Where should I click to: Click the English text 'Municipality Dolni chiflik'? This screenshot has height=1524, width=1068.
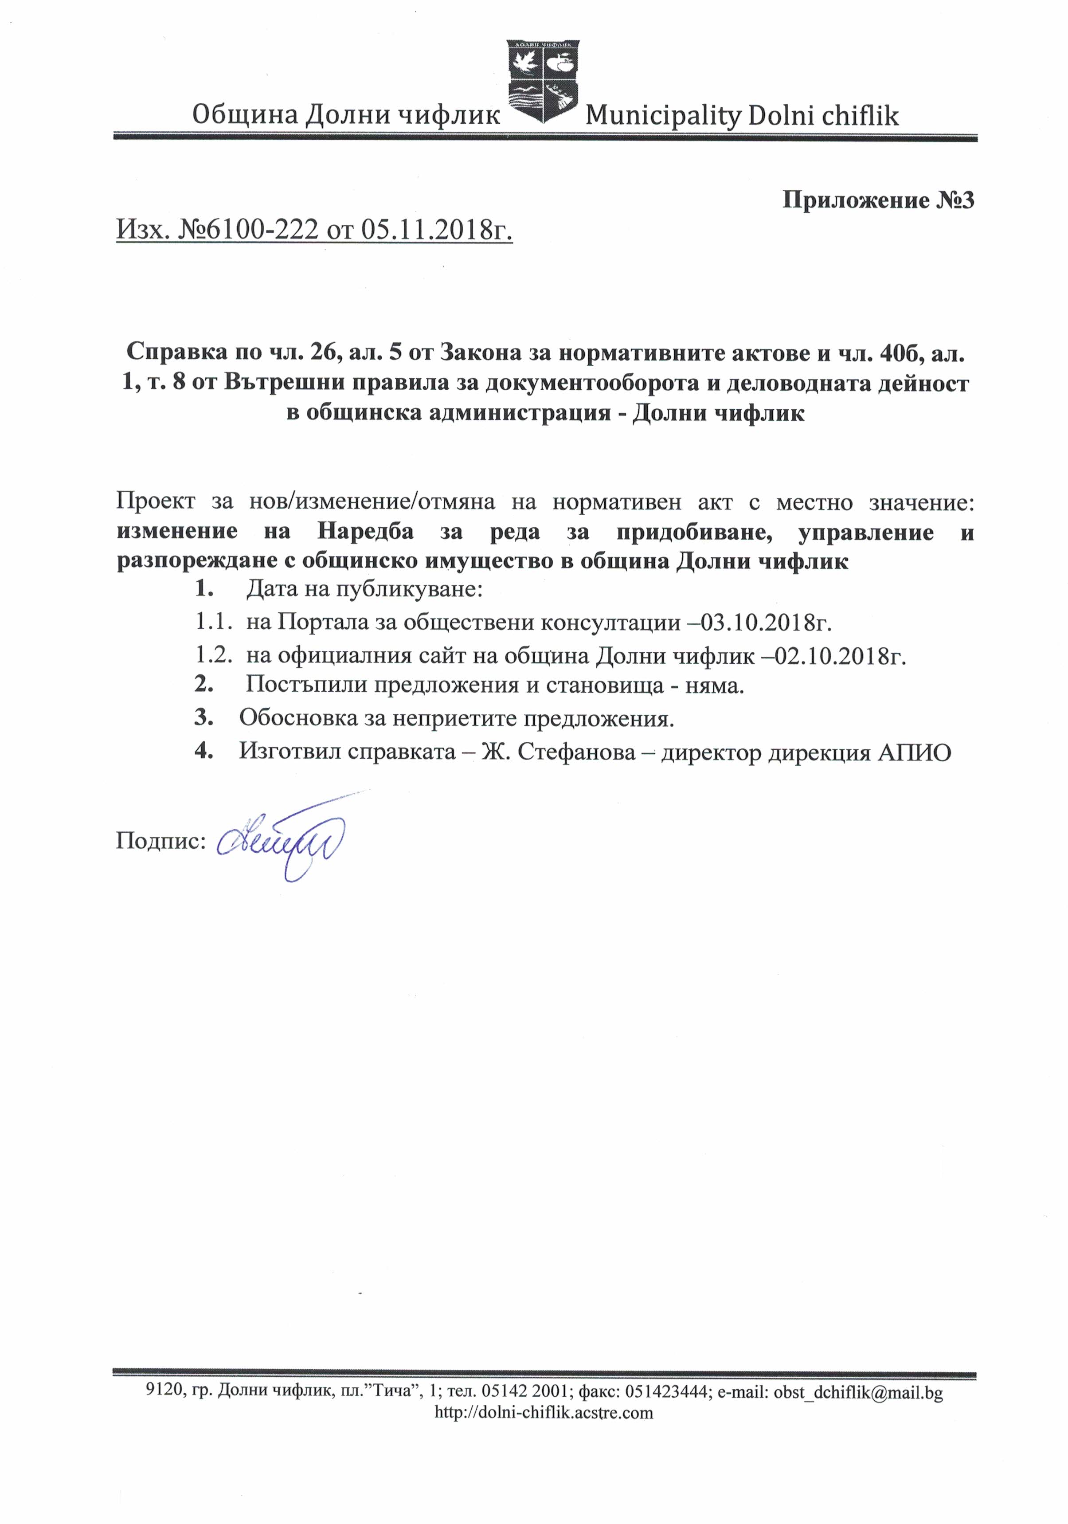tap(742, 116)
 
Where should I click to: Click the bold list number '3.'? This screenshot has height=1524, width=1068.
tap(203, 717)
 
